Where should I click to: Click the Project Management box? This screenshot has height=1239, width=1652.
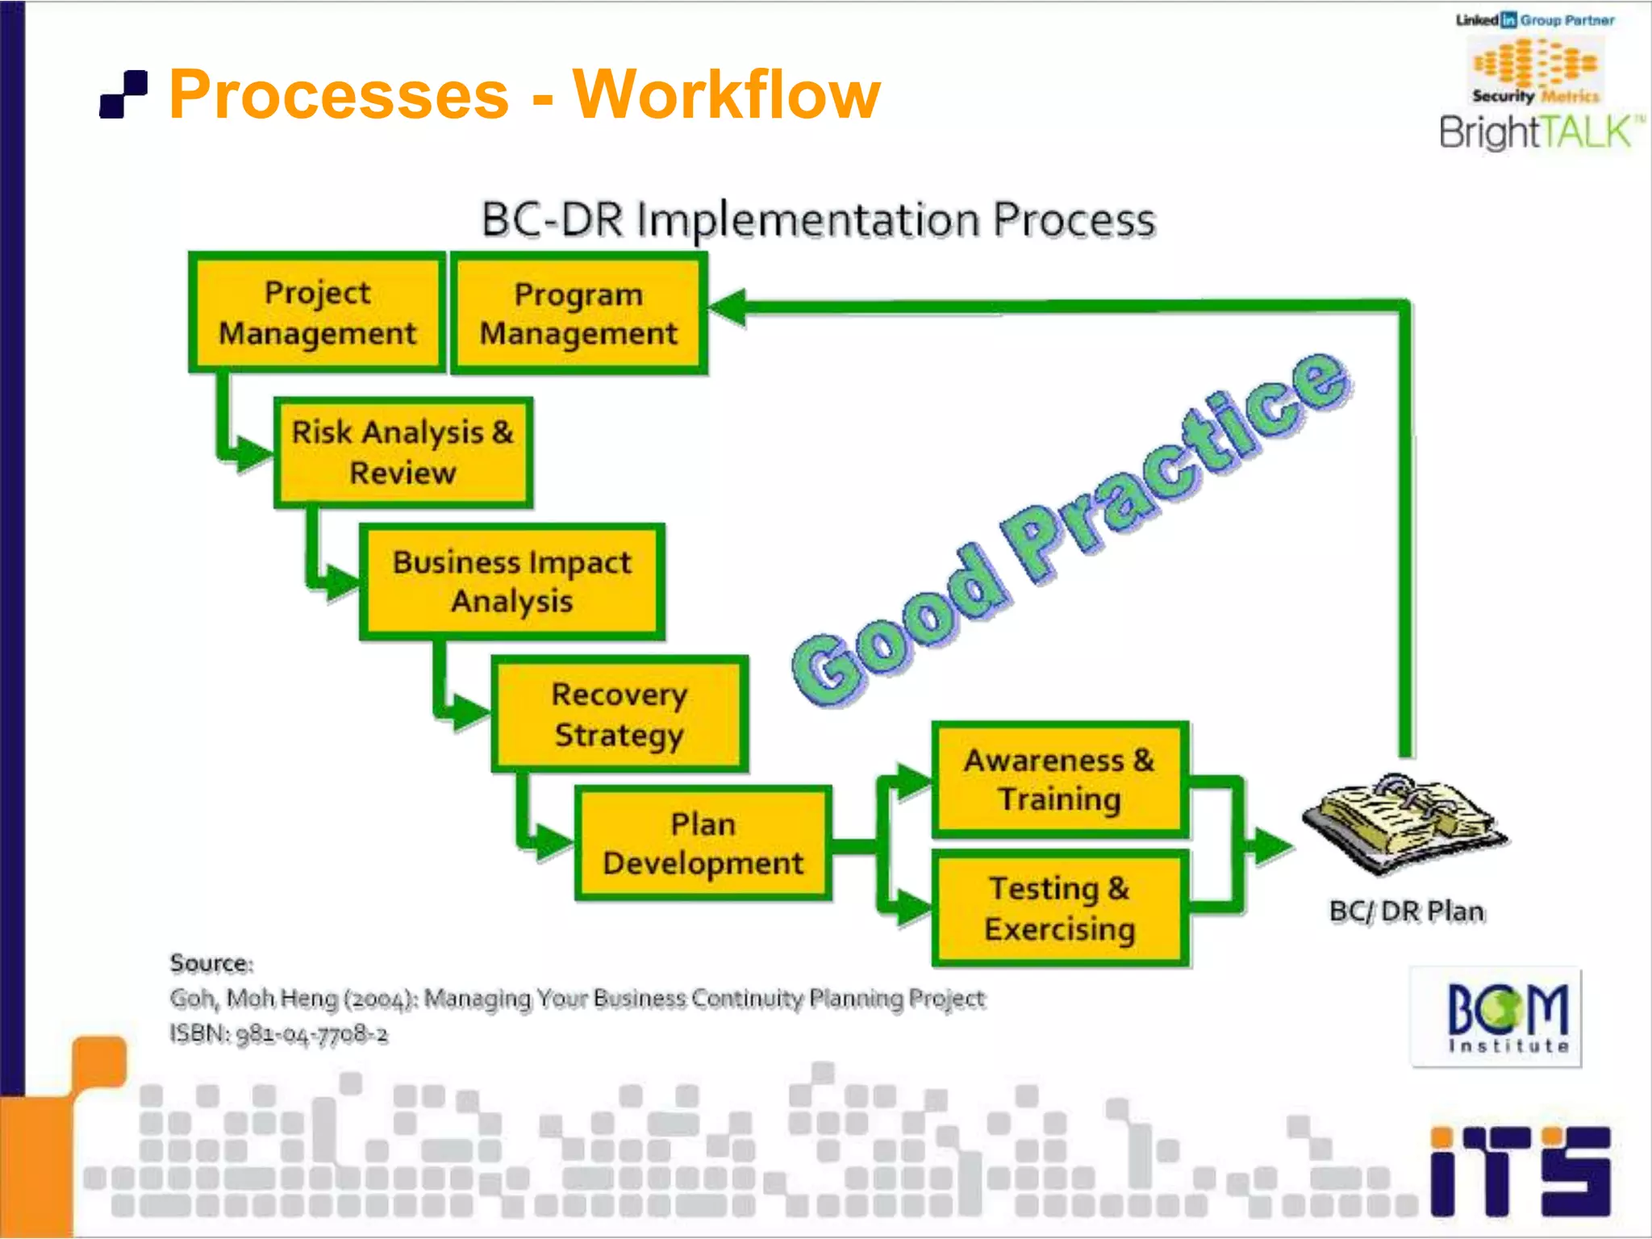point(317,313)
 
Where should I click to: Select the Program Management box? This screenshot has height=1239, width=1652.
point(578,314)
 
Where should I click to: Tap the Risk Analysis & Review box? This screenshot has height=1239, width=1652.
point(403,453)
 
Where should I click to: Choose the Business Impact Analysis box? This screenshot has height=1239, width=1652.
point(511,582)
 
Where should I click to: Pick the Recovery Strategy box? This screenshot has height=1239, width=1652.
point(619,715)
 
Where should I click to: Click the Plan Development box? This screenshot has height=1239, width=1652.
point(703,844)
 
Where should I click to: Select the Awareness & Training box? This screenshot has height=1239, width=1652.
point(1060,780)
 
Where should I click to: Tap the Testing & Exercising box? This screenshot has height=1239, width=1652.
point(1060,908)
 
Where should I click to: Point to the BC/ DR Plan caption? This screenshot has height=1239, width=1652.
point(1406,912)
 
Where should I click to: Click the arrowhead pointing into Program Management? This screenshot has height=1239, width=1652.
point(728,307)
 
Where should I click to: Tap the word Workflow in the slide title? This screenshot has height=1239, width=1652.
point(726,95)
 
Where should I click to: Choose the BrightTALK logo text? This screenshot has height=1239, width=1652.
point(1537,132)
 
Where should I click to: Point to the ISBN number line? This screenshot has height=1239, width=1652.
point(278,1034)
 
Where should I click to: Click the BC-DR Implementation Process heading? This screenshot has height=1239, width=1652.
point(818,219)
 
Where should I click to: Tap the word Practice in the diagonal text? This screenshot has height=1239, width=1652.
point(1174,468)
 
